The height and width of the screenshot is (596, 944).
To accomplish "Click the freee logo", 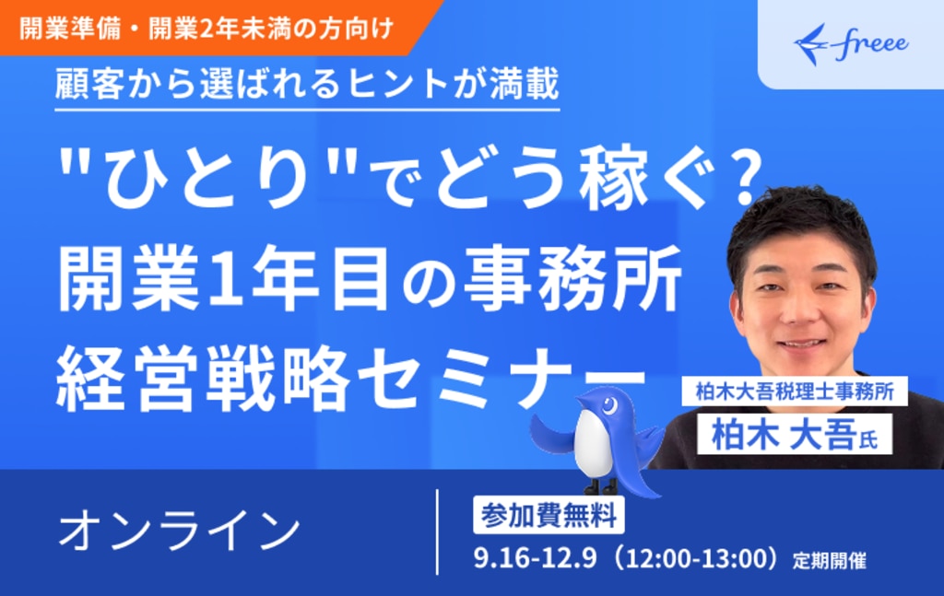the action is click(x=851, y=43).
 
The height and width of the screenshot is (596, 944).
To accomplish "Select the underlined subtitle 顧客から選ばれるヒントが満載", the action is click(x=307, y=85).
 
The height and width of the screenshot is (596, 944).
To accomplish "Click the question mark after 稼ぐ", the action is click(x=741, y=179).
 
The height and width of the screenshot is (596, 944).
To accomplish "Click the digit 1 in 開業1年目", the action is click(x=225, y=278).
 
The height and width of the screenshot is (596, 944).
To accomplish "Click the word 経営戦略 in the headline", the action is click(x=204, y=377).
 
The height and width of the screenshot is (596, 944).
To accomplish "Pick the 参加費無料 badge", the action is click(x=549, y=516).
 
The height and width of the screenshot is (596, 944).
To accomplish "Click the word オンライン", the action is click(x=179, y=531).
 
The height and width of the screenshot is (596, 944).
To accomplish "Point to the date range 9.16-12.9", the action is click(x=535, y=559).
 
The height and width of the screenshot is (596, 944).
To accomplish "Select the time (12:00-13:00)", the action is click(x=697, y=559).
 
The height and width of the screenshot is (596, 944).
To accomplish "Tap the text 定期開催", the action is click(x=829, y=561).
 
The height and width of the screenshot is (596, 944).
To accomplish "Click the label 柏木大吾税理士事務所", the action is click(x=795, y=391).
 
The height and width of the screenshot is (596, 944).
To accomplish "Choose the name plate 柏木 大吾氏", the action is click(x=795, y=435).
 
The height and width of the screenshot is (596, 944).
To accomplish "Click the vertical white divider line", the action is click(x=437, y=532).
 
